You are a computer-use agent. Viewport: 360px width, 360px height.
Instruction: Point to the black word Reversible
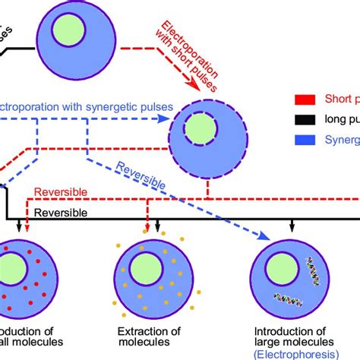tap(62, 213)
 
